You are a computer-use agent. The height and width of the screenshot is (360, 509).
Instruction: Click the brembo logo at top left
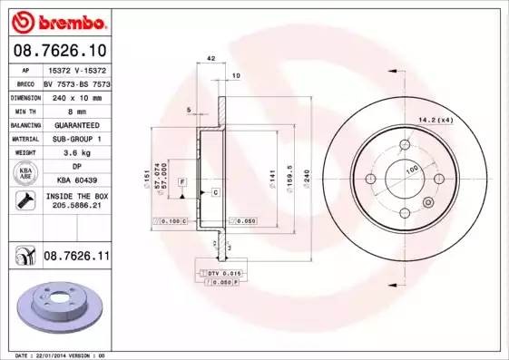coord(60,20)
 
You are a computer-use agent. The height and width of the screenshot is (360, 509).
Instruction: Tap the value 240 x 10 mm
coord(76,96)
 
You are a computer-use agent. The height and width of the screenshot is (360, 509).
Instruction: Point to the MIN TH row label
coord(24,110)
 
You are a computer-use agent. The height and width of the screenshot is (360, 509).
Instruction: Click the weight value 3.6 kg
coord(76,153)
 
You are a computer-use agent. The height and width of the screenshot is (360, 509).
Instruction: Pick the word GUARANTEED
coord(76,124)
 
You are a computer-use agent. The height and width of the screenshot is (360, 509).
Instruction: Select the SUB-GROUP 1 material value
coord(76,139)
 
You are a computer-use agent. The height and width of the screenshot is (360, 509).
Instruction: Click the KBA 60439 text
coord(76,181)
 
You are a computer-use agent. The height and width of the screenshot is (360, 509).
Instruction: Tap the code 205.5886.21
coord(76,206)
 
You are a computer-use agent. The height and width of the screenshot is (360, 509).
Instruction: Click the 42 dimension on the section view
coord(210,58)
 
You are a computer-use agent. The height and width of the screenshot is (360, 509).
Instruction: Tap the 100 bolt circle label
coord(411,170)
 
